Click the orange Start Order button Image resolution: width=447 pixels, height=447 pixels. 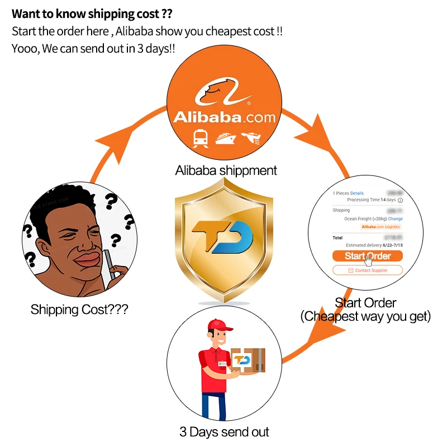[x=367, y=256]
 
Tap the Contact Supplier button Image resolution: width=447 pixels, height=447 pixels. [x=367, y=270]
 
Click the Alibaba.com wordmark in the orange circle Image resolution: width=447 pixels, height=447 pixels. [x=224, y=117]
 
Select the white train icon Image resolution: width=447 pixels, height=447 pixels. [x=200, y=137]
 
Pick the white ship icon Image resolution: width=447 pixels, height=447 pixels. [x=225, y=138]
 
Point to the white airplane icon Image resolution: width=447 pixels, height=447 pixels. [x=251, y=137]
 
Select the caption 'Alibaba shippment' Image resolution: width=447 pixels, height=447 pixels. [x=226, y=170]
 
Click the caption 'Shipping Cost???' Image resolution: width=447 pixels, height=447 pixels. [x=79, y=309]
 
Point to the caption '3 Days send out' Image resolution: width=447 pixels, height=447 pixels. [x=224, y=432]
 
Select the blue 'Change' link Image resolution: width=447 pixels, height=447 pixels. [x=396, y=219]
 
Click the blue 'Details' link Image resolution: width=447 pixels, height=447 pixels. [x=357, y=193]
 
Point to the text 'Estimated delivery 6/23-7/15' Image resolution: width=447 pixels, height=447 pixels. [x=374, y=245]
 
